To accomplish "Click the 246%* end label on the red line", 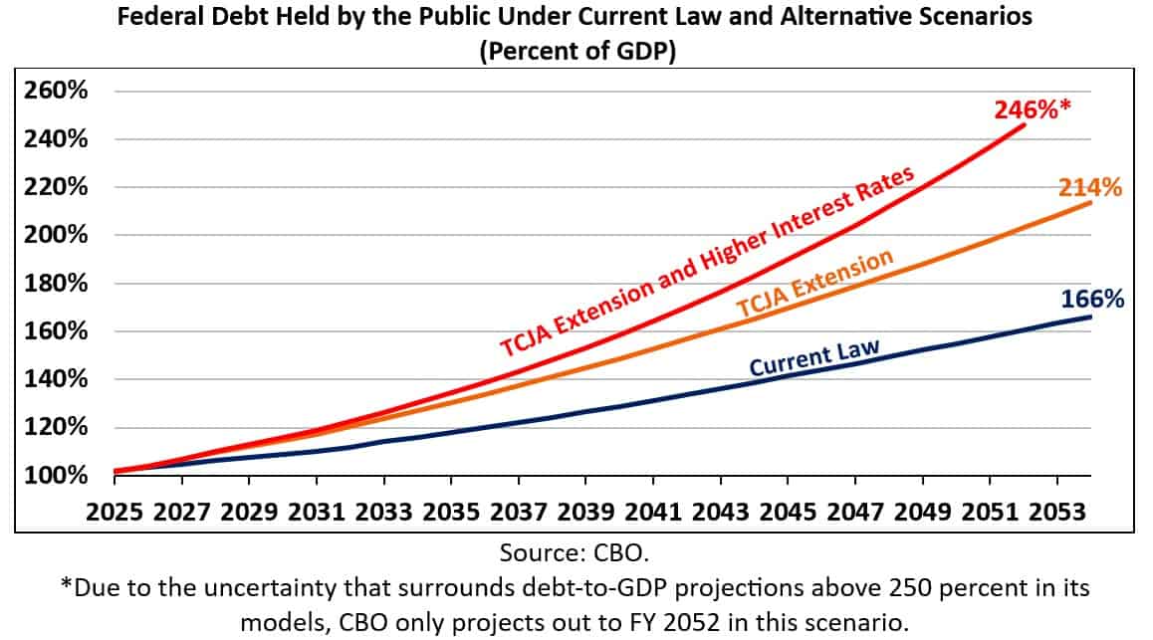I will [1033, 108].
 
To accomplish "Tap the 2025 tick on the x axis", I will [115, 513].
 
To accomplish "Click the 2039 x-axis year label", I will [586, 513].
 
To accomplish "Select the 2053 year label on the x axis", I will [1058, 513].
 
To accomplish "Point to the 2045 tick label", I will [789, 513].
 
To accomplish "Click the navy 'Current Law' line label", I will [813, 359].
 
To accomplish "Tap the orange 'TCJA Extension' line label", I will [814, 288].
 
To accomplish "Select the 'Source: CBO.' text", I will [576, 550].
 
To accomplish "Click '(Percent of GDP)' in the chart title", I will [576, 53].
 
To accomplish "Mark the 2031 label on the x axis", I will [317, 513].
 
